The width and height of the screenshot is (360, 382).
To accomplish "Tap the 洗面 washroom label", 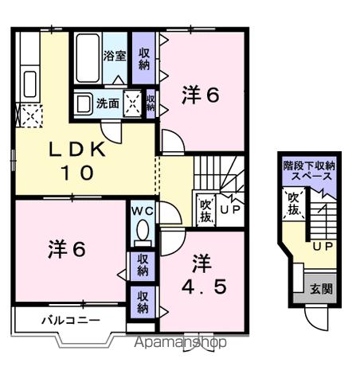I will (x=108, y=103).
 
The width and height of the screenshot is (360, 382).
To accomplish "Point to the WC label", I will (x=143, y=210).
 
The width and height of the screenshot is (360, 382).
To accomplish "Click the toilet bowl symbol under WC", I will (x=143, y=232).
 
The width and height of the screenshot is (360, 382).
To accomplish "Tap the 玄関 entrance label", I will (x=321, y=288).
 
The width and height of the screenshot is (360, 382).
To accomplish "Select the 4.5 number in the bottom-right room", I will (x=203, y=284).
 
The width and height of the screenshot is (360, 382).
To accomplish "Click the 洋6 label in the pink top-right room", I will (x=201, y=95).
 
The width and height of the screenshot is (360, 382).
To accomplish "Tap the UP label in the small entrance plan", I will (x=322, y=247).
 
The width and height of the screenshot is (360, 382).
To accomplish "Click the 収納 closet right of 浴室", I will (x=144, y=58).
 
